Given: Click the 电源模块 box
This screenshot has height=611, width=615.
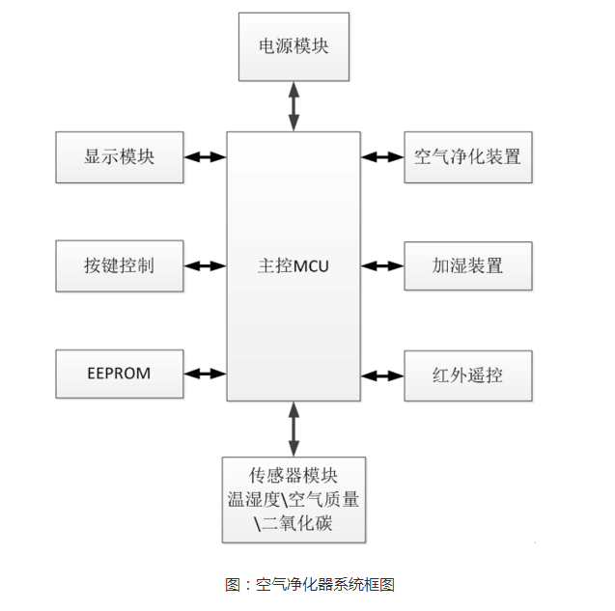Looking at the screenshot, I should [294, 47].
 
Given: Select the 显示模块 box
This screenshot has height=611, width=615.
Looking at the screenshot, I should [119, 156].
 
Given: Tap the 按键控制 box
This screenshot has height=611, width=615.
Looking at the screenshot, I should [119, 264].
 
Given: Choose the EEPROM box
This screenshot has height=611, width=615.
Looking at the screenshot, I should [119, 373].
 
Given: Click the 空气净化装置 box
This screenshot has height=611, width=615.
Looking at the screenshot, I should [467, 156].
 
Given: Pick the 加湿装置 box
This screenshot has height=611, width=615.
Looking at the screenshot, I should [467, 264].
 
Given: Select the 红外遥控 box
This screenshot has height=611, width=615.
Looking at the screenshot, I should [467, 373].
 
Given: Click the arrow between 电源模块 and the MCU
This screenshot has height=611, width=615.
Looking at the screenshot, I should [294, 105].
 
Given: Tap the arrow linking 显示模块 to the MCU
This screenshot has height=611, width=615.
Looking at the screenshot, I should [204, 156].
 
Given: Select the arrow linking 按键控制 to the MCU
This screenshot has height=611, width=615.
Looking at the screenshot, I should [204, 264].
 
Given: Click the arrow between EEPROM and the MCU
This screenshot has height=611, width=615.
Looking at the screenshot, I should [204, 373].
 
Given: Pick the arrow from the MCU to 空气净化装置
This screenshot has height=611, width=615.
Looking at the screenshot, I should [382, 156].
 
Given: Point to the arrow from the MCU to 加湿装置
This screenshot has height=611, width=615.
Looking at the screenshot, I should [382, 264].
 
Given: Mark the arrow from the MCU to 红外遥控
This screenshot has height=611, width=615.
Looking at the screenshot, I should [382, 373].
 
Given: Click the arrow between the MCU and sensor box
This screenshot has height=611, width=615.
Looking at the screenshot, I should [294, 427].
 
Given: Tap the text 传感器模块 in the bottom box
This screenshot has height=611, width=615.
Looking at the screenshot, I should [294, 476].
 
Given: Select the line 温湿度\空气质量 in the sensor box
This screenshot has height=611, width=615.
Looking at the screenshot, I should [294, 500].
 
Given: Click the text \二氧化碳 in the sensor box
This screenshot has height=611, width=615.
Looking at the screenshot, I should [294, 524].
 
